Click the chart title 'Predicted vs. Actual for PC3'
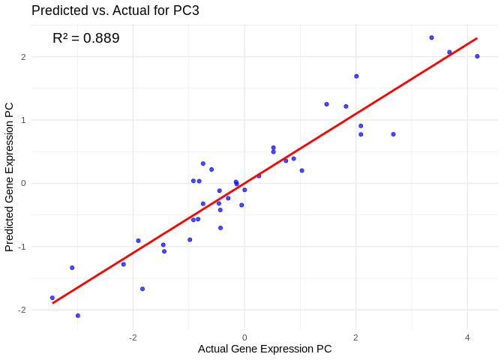(115, 10)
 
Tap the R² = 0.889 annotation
(86, 38)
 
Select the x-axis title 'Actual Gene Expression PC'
(265, 349)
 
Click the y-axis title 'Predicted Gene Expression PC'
(10, 177)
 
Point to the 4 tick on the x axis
(467, 337)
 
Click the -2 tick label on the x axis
(132, 337)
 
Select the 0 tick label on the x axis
(244, 337)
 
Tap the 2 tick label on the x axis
(356, 337)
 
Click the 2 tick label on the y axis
(23, 57)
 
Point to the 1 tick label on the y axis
(23, 120)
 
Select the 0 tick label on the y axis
(23, 183)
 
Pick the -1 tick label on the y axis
(22, 247)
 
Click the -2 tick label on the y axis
(22, 310)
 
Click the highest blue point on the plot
(431, 37)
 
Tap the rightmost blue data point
(477, 56)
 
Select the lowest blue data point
(78, 316)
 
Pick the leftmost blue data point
(52, 298)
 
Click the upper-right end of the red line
(477, 38)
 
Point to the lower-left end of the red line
(52, 302)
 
